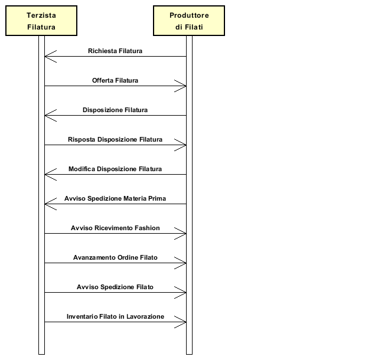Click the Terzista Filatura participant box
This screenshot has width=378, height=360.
(x=41, y=21)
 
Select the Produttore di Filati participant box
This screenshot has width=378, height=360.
(x=189, y=21)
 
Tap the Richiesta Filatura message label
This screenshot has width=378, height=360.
(x=115, y=51)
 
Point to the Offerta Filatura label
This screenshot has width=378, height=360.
(x=115, y=80)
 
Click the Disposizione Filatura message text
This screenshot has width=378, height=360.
(x=115, y=110)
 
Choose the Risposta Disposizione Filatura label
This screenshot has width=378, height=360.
(x=115, y=139)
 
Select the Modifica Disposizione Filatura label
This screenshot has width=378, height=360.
(x=115, y=169)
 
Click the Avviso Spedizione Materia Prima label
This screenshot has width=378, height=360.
(x=115, y=198)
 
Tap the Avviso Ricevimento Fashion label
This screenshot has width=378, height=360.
(x=115, y=228)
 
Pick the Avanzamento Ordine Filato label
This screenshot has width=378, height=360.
(x=115, y=257)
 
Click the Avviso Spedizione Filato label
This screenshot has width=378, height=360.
(x=115, y=287)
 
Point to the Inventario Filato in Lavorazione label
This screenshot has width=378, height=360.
(x=115, y=316)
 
